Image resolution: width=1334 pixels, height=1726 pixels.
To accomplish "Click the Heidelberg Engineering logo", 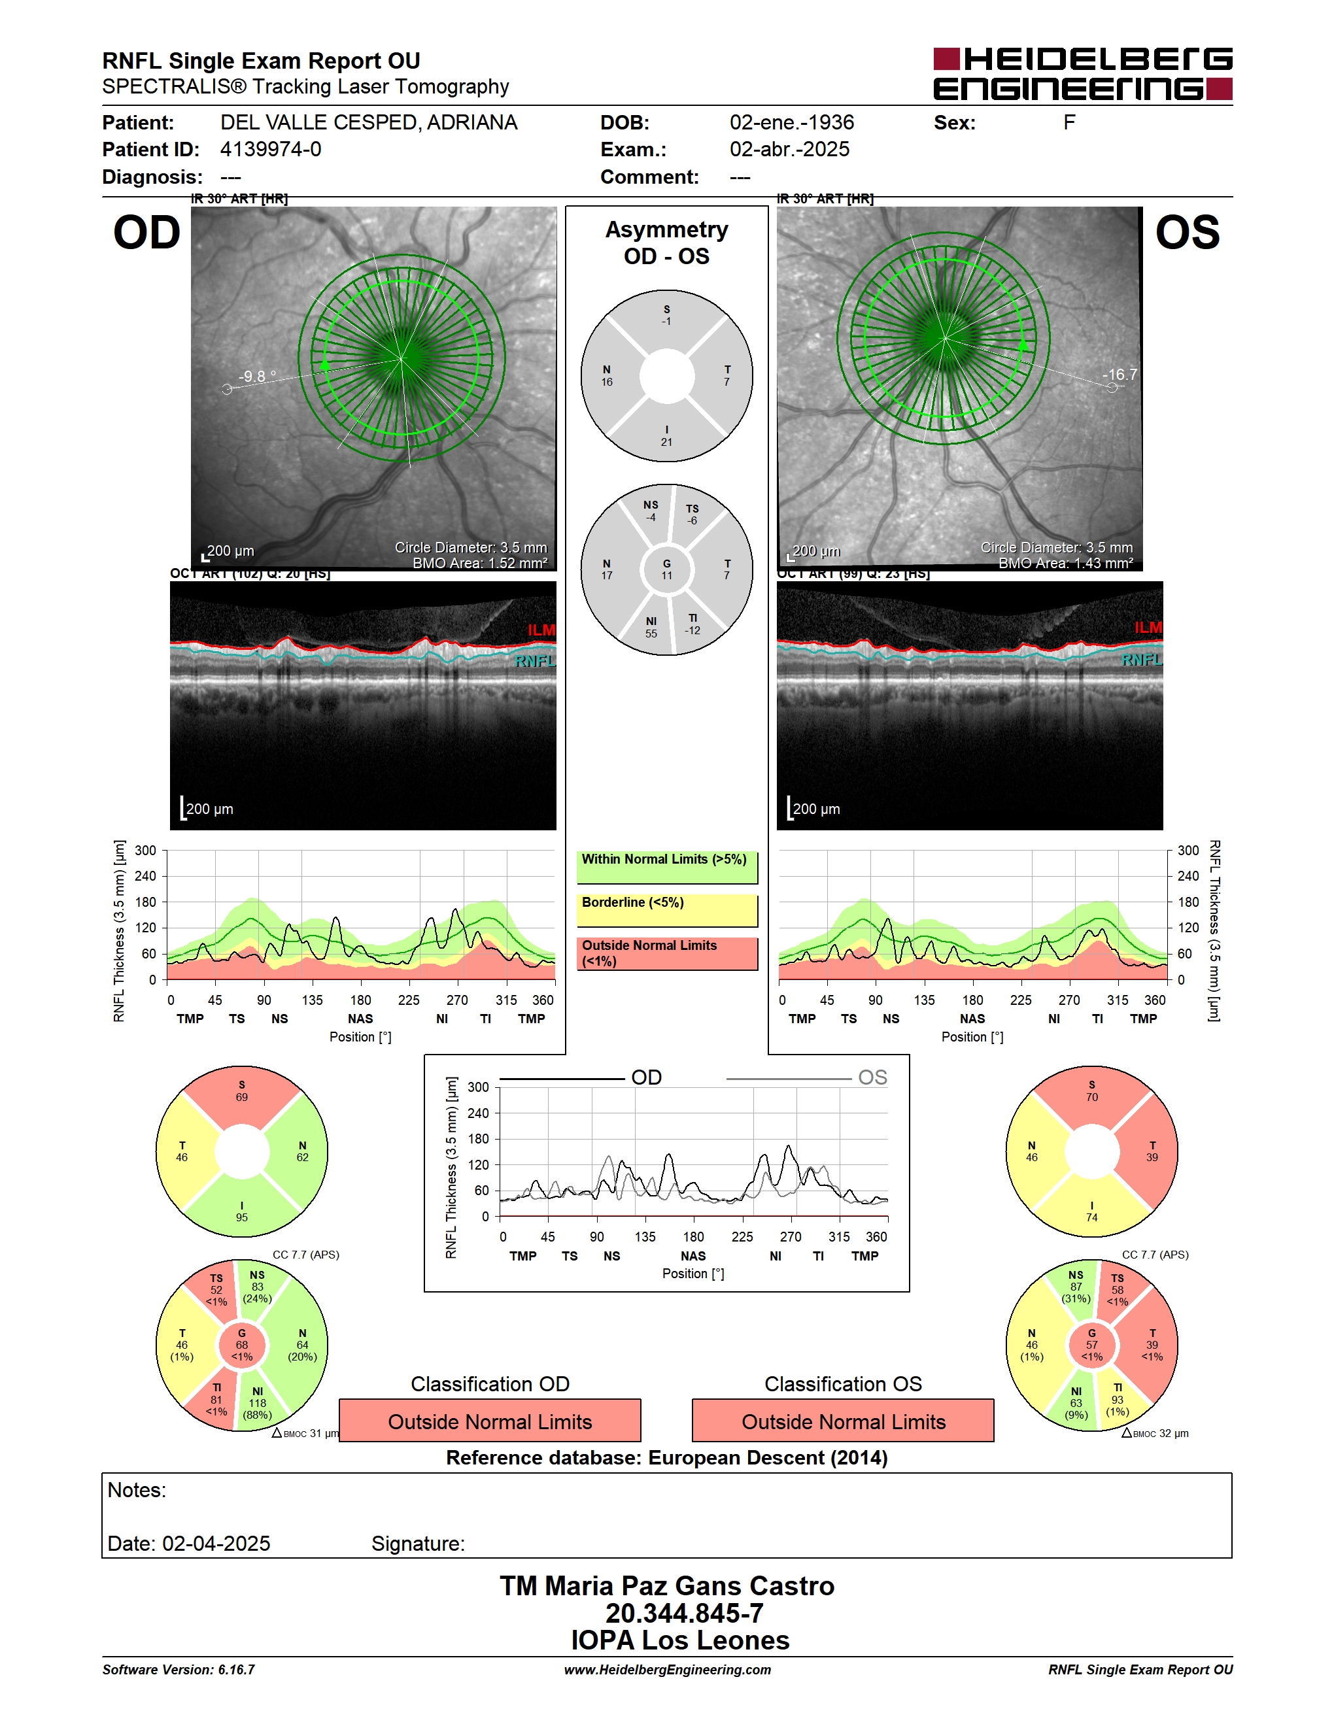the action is pos(1083,73).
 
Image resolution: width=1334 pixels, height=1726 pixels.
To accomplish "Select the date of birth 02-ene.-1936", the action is pos(792,122).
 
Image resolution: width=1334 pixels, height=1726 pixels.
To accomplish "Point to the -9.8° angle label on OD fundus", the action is pos(258,376).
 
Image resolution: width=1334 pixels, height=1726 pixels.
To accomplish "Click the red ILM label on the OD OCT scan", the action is pos(541,630).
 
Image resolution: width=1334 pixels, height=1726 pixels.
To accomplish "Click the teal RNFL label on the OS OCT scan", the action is pos(1141,659).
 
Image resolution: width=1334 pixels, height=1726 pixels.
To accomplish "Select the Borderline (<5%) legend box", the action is pos(667,911).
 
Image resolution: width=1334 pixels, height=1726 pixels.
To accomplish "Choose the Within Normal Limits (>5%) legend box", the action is pos(667,867).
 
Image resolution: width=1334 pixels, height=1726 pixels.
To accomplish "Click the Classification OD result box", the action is pos(490,1420).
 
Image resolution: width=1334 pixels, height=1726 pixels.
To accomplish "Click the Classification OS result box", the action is pos(844,1420).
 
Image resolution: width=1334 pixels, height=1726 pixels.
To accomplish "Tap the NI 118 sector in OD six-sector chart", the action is pos(258,1403).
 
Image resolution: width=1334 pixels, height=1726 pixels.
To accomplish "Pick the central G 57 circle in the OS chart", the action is pos(1091,1344).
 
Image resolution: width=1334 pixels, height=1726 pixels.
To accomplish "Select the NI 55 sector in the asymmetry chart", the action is pos(651,627).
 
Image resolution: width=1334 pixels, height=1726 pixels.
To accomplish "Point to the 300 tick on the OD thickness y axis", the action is pos(145,851).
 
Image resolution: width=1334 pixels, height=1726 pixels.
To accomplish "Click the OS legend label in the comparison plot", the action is pos(872,1078).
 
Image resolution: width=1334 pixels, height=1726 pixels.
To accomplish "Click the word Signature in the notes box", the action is pos(418,1544).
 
